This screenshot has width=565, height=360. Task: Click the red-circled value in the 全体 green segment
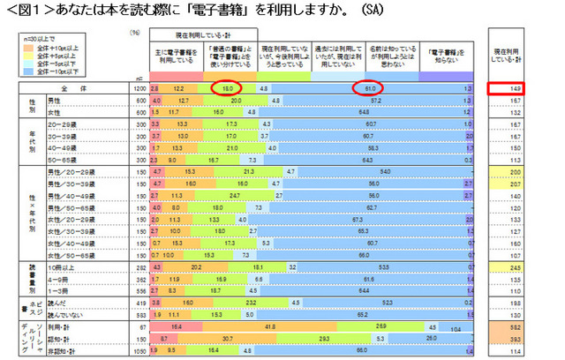click(227, 89)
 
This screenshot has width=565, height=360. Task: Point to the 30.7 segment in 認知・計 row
click(227, 337)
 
